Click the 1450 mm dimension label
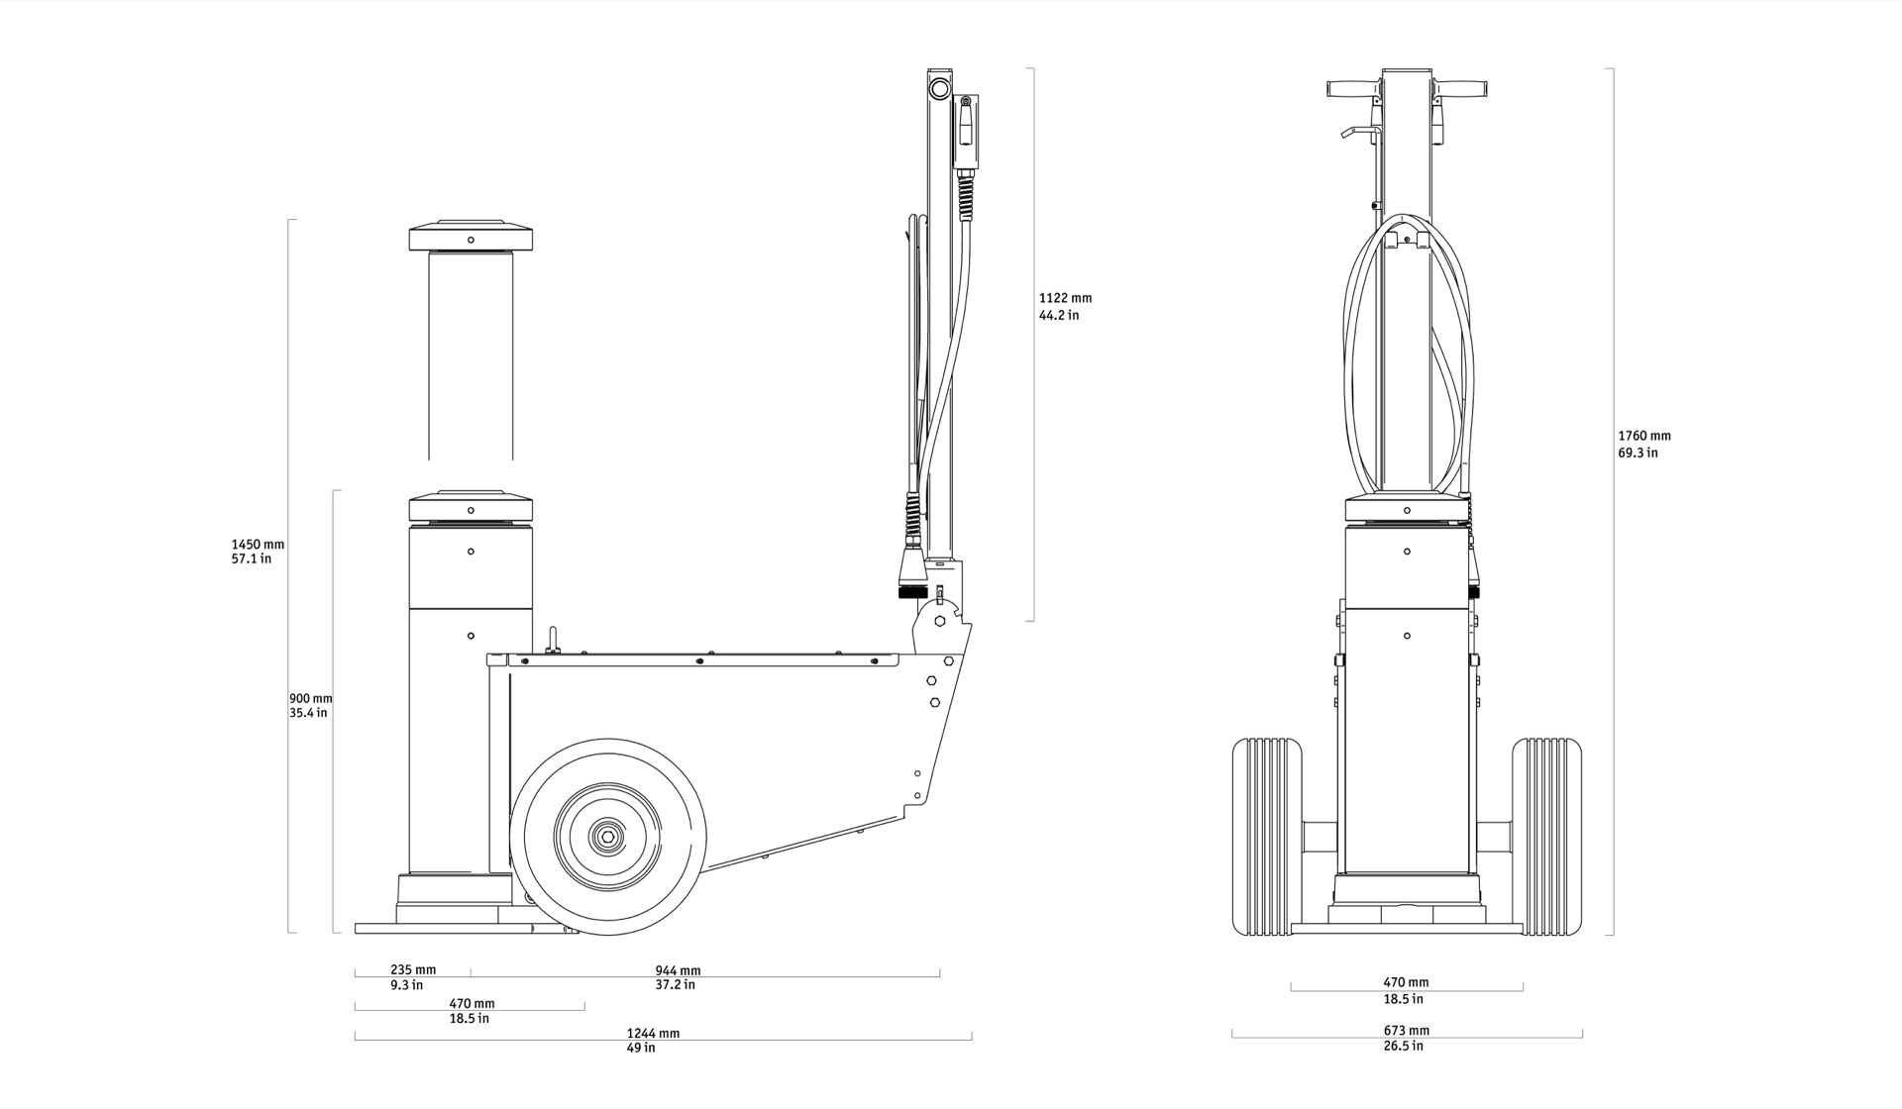click(258, 545)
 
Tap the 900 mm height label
click(311, 698)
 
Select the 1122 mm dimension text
click(1065, 298)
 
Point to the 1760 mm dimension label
click(1644, 436)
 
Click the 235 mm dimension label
click(413, 969)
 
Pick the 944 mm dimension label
click(678, 970)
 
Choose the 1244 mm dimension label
click(653, 1033)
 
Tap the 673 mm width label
click(1407, 1030)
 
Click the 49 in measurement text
click(641, 1048)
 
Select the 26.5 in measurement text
click(1404, 1046)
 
